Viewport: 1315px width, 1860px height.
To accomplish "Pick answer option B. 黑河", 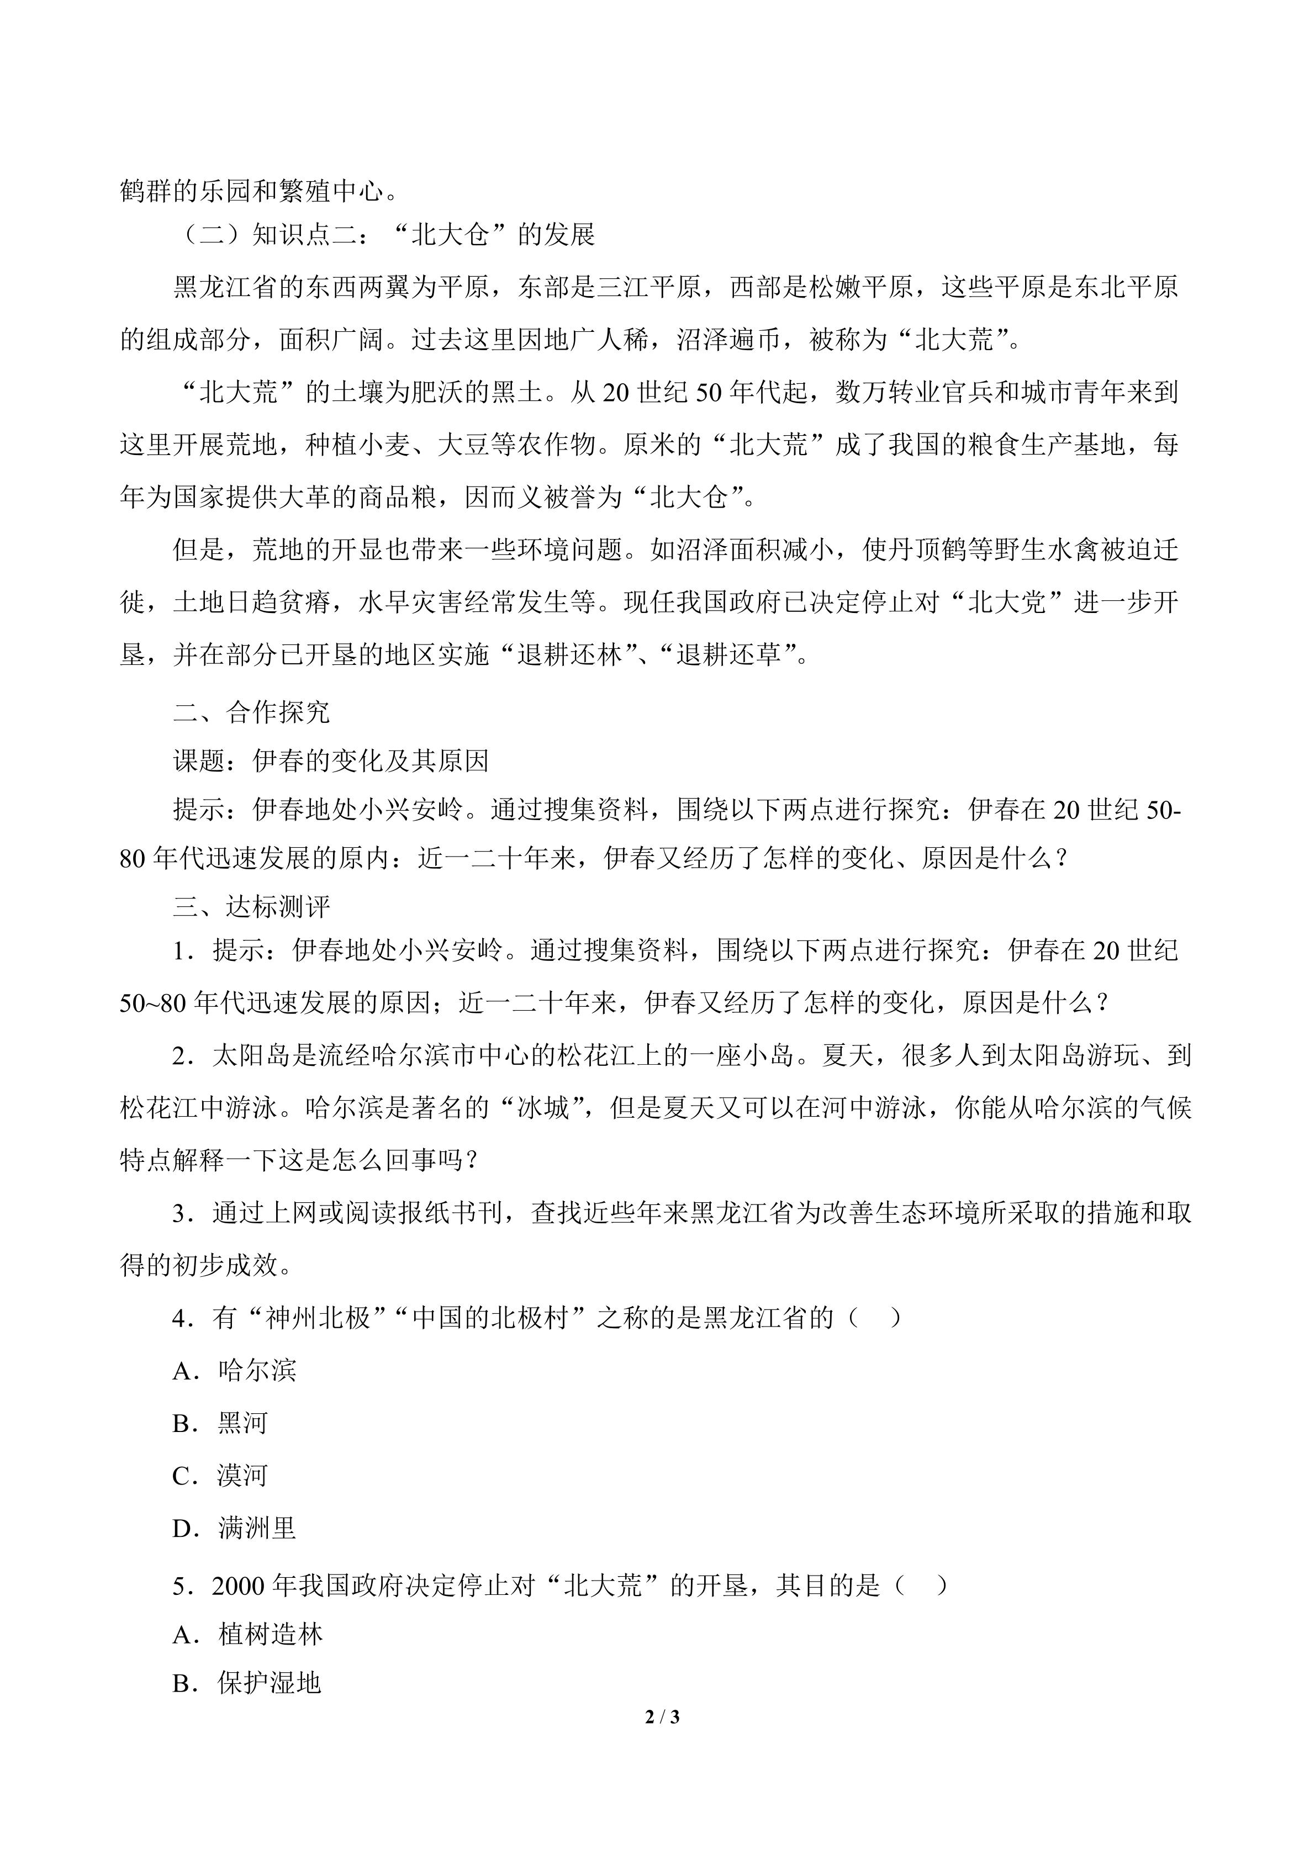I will (x=220, y=1423).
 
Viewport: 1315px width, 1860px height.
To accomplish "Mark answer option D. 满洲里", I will (x=234, y=1529).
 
